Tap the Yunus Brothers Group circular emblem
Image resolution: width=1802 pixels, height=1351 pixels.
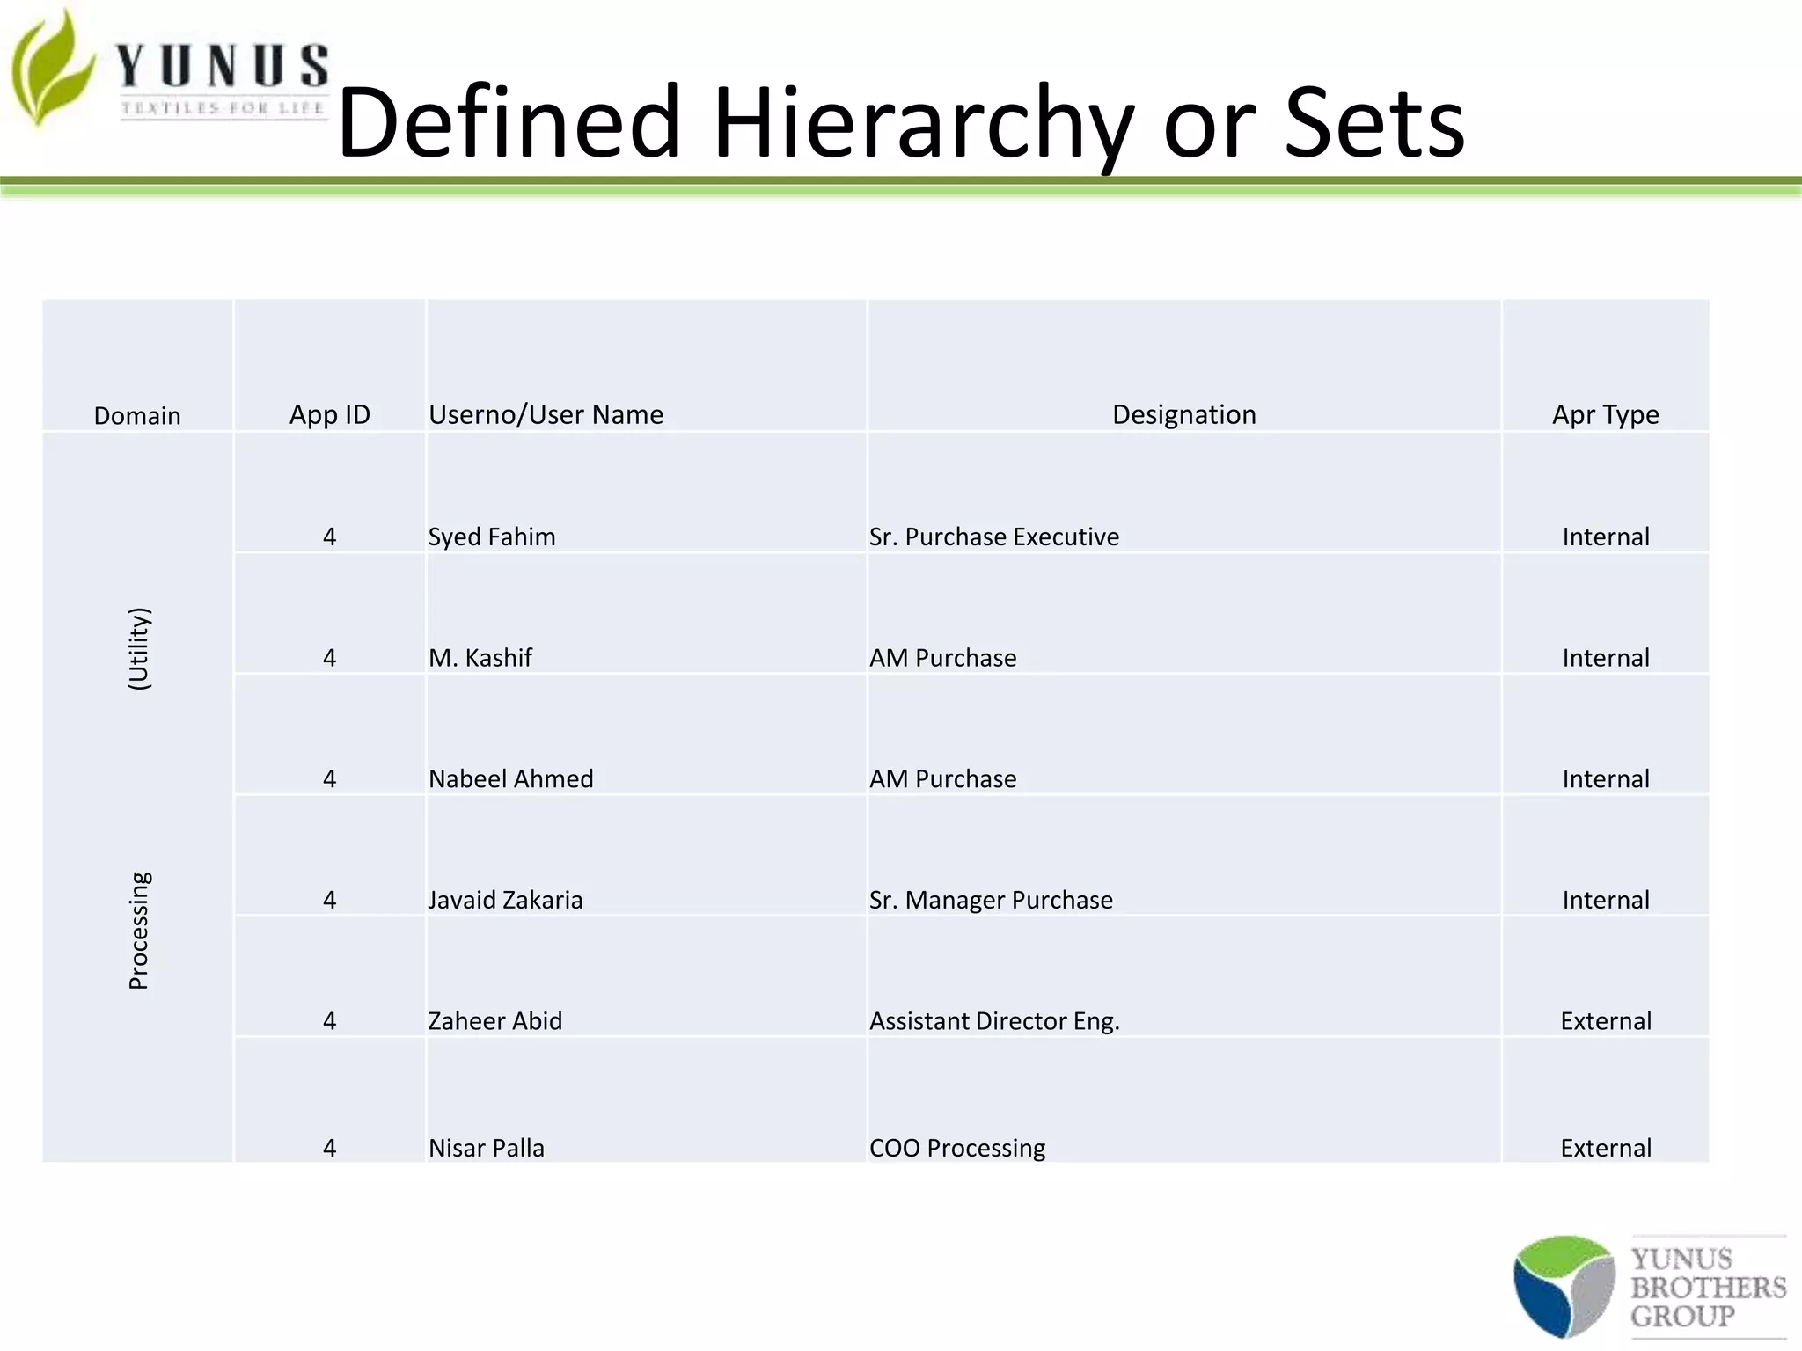(1564, 1286)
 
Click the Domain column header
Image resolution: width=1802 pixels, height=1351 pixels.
(137, 415)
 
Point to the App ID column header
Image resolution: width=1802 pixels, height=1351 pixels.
(330, 414)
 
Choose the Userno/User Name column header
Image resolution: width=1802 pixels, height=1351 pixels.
(546, 414)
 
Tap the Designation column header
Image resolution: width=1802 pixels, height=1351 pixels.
(1183, 414)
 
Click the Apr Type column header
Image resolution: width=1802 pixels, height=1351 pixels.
(1605, 414)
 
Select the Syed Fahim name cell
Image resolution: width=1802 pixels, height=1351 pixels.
(492, 537)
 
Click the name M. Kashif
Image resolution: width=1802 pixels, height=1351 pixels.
(480, 658)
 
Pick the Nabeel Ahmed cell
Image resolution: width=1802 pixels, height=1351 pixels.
(510, 778)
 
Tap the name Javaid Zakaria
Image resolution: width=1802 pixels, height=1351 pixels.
(505, 900)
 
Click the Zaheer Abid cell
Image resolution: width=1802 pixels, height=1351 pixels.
(494, 1020)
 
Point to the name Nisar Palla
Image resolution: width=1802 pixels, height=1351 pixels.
(486, 1148)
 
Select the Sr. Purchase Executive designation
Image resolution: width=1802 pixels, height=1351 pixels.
(994, 537)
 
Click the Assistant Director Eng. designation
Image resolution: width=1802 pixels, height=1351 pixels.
(994, 1020)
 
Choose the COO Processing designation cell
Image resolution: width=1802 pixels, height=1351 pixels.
(957, 1148)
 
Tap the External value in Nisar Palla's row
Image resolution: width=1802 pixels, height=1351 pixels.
(1605, 1148)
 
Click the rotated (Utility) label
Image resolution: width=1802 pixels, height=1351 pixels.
(139, 649)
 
